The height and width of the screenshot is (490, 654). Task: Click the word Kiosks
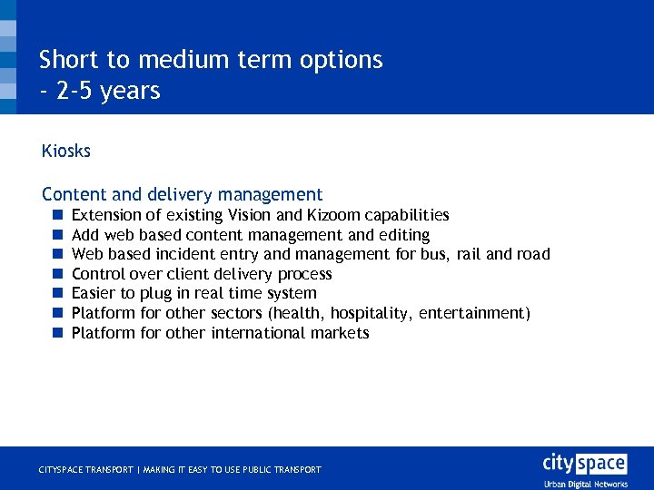[x=66, y=152]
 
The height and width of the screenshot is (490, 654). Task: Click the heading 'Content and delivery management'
[x=182, y=194]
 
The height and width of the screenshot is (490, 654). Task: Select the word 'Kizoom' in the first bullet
[x=333, y=215]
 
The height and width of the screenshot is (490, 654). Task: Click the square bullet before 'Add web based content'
[x=55, y=235]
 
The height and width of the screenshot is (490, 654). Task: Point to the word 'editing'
[x=401, y=235]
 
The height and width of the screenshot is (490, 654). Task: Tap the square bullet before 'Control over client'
[x=55, y=274]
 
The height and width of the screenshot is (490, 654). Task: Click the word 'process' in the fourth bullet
[x=304, y=274]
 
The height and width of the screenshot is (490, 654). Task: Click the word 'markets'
[x=338, y=333]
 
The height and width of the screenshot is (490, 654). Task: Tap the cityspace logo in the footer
[x=584, y=464]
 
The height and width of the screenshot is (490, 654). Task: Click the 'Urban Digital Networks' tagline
[x=586, y=484]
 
